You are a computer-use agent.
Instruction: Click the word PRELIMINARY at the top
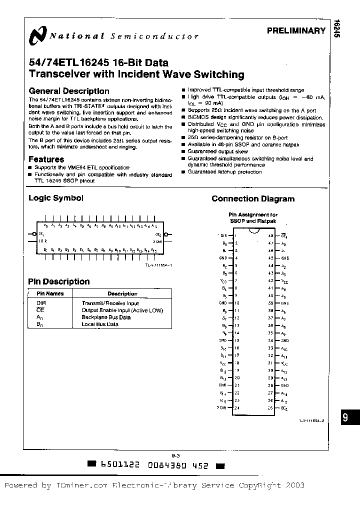296,31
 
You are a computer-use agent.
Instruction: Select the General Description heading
69,91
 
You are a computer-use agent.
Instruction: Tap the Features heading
46,159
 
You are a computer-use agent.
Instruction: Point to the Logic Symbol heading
56,198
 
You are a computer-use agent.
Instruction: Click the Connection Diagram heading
253,198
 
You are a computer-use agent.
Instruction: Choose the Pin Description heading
59,281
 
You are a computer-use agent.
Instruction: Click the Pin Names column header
50,294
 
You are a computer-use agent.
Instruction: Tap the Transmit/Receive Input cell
110,303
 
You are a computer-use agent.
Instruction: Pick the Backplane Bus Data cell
106,317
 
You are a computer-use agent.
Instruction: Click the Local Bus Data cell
99,324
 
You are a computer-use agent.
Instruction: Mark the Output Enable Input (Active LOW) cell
122,310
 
